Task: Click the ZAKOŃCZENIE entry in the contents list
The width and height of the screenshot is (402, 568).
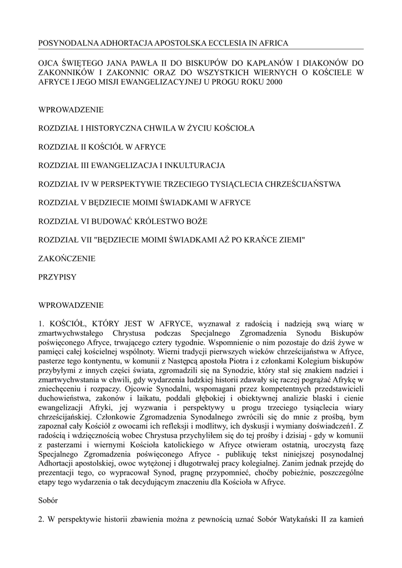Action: [67, 258]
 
